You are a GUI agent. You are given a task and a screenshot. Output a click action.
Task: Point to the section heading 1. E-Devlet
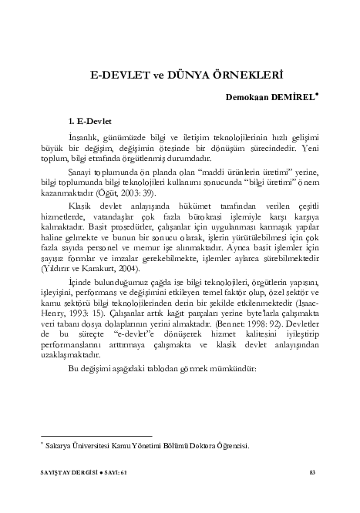[x=90, y=121]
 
